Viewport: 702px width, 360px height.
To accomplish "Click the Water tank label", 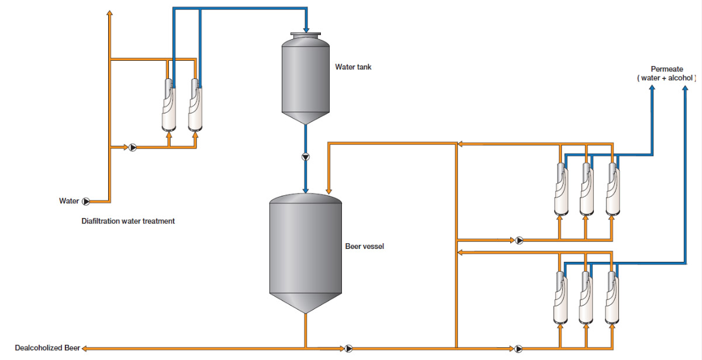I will (x=352, y=67).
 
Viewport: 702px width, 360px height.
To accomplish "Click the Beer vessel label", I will (x=364, y=247).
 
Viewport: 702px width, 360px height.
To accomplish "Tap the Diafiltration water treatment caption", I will (x=128, y=221).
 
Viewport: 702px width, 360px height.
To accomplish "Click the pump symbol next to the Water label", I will (x=86, y=202).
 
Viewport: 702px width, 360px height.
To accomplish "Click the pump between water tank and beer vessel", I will (x=305, y=157).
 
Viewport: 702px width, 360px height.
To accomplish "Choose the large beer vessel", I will (x=305, y=245).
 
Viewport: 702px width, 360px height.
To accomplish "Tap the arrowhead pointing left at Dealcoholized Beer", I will (x=84, y=348).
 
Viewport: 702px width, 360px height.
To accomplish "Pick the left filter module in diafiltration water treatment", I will (x=169, y=106).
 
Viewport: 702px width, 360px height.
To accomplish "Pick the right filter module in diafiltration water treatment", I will (x=196, y=106).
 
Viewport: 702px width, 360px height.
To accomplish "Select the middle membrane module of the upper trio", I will (x=586, y=188).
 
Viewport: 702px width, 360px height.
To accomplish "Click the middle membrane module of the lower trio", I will (x=586, y=298).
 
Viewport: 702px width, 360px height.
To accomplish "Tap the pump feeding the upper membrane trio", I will (x=519, y=240).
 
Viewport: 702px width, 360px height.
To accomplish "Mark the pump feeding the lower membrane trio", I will (x=519, y=348).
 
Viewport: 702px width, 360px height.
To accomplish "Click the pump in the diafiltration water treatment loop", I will (x=132, y=147).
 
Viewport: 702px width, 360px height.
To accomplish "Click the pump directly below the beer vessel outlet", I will (x=348, y=348).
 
